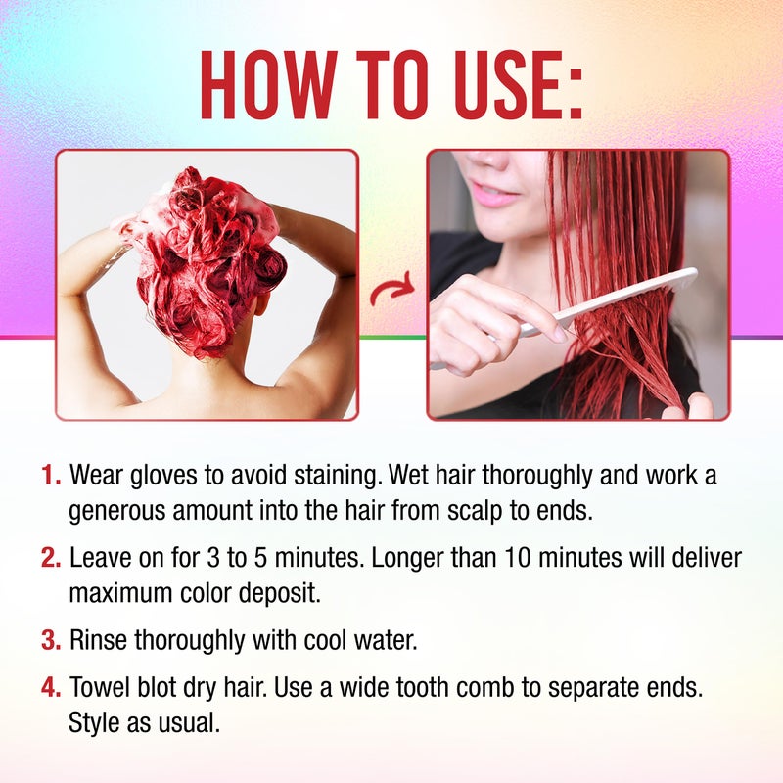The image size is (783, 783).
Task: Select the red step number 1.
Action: [x=51, y=477]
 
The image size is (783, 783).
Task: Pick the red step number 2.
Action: [x=51, y=559]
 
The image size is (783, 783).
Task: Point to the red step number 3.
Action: [x=51, y=641]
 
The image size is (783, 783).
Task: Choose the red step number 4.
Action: [x=51, y=688]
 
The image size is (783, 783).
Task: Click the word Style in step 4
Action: [x=93, y=721]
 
